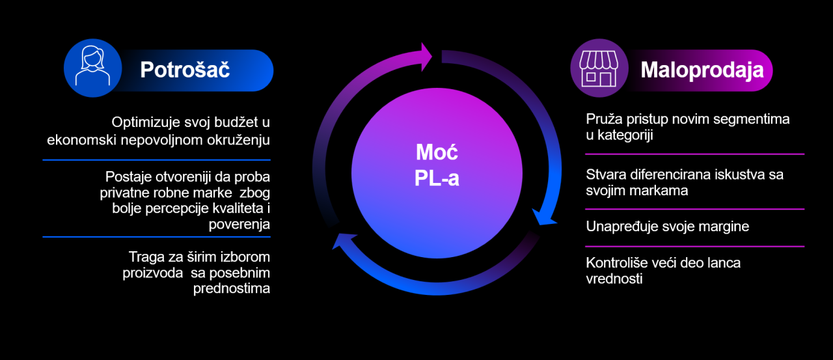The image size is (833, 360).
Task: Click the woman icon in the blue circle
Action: pyautogui.click(x=92, y=66)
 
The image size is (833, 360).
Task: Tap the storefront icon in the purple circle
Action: pyautogui.click(x=599, y=69)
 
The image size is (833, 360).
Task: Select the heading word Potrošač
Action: pyautogui.click(x=185, y=70)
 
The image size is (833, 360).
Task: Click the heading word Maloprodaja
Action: pyautogui.click(x=702, y=70)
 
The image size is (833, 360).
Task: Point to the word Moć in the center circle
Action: pyautogui.click(x=437, y=152)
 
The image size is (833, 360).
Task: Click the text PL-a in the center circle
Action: pyautogui.click(x=437, y=178)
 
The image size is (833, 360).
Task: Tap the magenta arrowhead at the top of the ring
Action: pyautogui.click(x=426, y=57)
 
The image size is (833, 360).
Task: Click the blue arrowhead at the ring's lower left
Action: pyautogui.click(x=344, y=241)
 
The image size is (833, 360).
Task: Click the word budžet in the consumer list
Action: pyautogui.click(x=239, y=122)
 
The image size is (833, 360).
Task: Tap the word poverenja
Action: pyautogui.click(x=239, y=224)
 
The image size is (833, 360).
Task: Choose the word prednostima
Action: pyautogui.click(x=231, y=288)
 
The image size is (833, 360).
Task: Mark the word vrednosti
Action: pyautogui.click(x=614, y=279)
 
